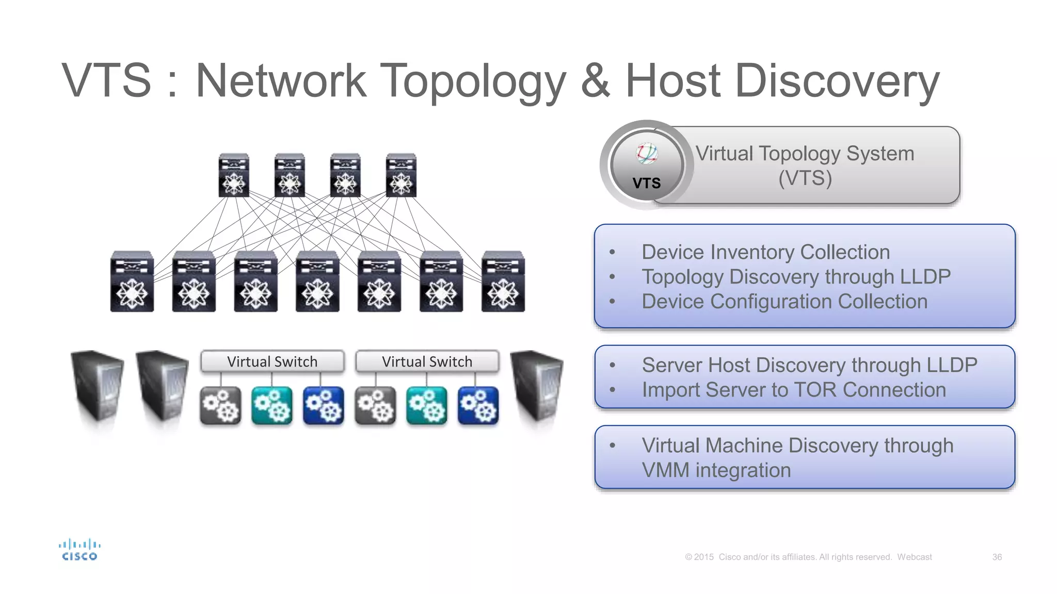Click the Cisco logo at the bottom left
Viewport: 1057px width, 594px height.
(79, 550)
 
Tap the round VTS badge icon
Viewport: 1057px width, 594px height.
(647, 165)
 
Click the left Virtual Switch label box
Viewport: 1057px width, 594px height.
(272, 361)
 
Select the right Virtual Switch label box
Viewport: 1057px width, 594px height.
(427, 361)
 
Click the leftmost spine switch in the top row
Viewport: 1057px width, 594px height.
(234, 175)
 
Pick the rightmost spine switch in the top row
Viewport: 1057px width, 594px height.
(401, 175)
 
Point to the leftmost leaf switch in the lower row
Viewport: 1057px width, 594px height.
(132, 282)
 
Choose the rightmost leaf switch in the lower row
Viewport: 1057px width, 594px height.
(503, 282)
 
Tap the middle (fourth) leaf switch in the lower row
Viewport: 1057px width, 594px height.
(317, 282)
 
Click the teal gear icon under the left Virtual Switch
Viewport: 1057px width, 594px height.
(272, 406)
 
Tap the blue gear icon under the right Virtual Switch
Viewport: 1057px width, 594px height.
(478, 406)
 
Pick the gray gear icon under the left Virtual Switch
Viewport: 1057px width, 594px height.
(220, 406)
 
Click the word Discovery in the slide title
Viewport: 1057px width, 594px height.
(837, 81)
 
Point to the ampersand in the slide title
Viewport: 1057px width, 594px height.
(596, 81)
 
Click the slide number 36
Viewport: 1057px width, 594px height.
(997, 557)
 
